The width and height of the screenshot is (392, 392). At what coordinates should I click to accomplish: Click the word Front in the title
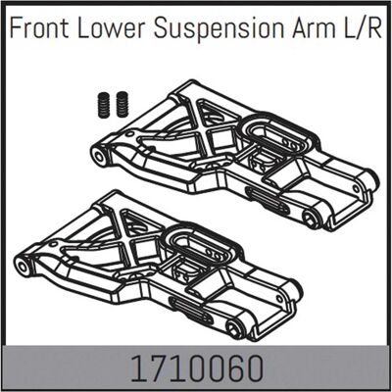click(39, 28)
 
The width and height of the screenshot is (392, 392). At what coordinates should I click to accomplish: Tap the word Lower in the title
click(111, 28)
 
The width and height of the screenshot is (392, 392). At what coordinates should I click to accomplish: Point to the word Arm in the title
click(313, 28)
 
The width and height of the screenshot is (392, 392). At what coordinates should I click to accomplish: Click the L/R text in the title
click(362, 28)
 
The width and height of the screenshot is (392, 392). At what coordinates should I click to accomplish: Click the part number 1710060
click(197, 368)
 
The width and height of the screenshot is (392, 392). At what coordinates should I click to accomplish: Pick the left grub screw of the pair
click(104, 105)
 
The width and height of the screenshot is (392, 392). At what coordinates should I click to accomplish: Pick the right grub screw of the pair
click(122, 105)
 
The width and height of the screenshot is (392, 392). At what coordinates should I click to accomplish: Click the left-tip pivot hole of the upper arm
click(98, 155)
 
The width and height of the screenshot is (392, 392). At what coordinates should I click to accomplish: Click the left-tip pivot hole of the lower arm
click(23, 267)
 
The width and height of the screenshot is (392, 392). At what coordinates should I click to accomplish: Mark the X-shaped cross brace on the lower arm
click(135, 240)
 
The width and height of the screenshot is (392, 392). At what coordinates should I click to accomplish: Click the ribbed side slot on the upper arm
click(268, 202)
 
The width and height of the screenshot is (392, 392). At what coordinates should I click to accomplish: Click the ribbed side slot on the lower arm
click(191, 311)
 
